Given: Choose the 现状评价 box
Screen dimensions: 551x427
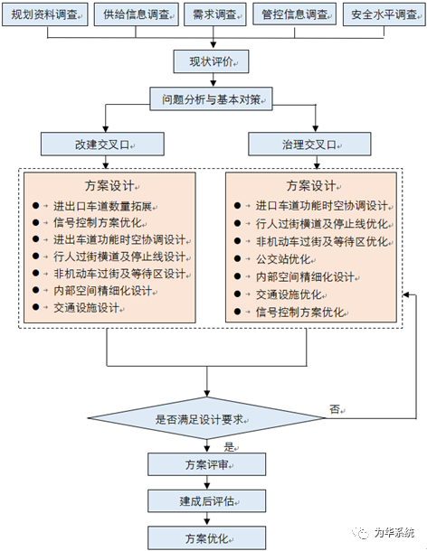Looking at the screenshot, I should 211,61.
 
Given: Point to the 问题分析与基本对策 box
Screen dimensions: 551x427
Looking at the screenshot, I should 210,99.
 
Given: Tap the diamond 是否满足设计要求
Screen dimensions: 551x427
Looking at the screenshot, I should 210,419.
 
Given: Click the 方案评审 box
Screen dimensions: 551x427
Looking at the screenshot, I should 210,464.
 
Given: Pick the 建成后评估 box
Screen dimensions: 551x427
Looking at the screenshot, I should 210,501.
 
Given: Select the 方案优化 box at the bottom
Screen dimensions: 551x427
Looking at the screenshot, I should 210,537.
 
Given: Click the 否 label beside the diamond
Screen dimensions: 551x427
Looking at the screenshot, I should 335,409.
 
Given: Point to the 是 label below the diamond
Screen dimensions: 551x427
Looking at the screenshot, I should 229,446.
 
